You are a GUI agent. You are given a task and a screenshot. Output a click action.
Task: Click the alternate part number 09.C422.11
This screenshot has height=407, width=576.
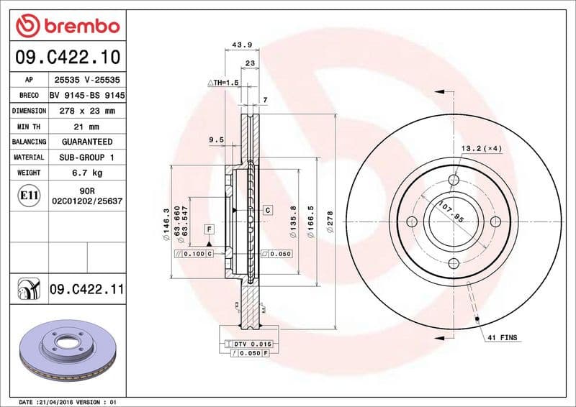coord(87,289)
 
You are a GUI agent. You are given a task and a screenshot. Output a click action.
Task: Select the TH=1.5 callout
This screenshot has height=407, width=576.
coord(223,83)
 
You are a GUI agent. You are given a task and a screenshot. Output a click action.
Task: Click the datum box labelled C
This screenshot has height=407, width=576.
coord(267,210)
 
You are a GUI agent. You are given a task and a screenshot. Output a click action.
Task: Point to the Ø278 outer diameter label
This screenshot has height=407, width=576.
coord(330,219)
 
